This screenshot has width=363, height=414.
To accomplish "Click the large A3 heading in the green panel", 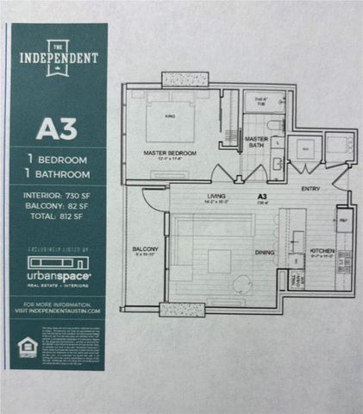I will pyautogui.click(x=56, y=129).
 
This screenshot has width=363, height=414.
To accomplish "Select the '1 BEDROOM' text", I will pyautogui.click(x=56, y=160).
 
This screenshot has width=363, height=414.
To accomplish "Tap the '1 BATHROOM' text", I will pyautogui.click(x=56, y=173).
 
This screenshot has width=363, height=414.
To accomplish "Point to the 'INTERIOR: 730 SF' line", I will pyautogui.click(x=56, y=195).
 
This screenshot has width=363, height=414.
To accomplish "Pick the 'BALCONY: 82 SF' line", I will pyautogui.click(x=56, y=207).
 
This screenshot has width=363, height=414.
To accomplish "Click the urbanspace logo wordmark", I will pyautogui.click(x=56, y=274).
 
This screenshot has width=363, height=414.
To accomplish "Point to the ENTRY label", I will pyautogui.click(x=310, y=188).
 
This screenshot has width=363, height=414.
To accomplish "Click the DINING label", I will pyautogui.click(x=265, y=253).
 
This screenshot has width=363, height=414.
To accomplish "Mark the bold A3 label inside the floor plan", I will pyautogui.click(x=261, y=196).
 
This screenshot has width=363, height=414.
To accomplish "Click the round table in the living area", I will pyautogui.click(x=241, y=281).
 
